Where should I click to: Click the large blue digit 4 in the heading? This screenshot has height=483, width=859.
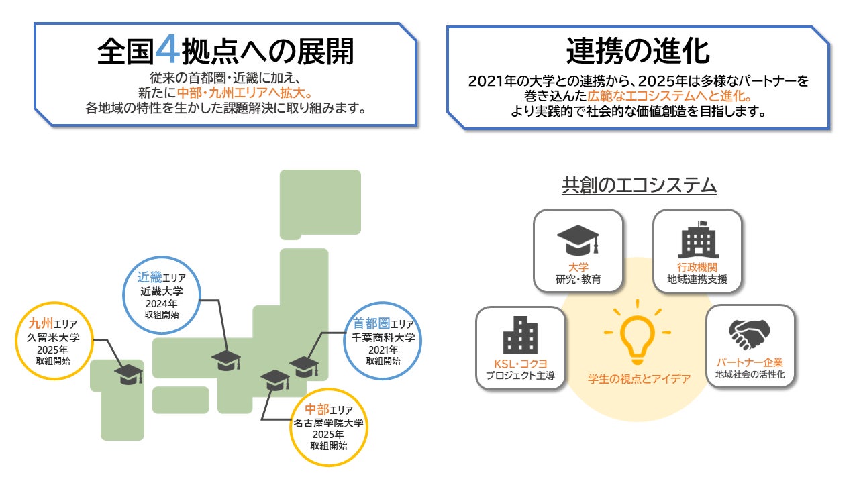point(167,50)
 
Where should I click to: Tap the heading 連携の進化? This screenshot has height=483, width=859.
point(638,51)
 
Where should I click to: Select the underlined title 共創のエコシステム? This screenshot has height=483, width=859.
point(639,186)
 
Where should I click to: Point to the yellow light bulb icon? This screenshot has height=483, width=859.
point(638,332)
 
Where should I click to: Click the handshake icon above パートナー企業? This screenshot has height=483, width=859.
point(750,334)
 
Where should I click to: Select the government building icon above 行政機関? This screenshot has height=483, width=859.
point(699,239)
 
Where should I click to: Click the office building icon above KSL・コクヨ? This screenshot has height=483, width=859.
point(520,335)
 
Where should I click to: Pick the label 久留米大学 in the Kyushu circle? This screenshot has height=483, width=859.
point(53,337)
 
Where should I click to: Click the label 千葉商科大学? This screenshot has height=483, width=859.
point(383,337)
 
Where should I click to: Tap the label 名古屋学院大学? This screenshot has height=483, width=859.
point(328,423)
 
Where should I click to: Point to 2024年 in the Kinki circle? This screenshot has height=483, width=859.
point(162,304)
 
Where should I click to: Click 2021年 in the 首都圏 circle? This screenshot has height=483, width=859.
point(383,350)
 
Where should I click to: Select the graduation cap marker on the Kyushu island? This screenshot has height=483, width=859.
point(128,374)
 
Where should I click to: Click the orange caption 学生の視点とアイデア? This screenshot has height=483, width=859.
point(639,379)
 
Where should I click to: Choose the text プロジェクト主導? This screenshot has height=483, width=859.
point(520,375)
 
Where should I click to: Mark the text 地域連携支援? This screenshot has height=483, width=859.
point(697,280)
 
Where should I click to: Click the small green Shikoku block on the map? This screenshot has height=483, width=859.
point(181,400)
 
